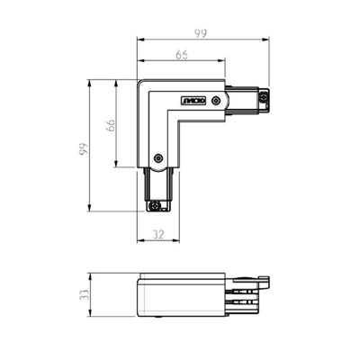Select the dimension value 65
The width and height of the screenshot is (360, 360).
coord(182,56)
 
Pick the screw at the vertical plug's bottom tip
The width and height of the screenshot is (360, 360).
coord(156,206)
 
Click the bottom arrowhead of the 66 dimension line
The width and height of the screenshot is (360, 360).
coord(117,165)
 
